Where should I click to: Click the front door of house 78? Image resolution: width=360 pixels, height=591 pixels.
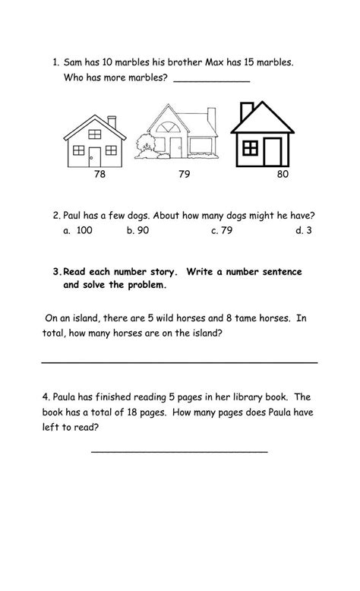94,157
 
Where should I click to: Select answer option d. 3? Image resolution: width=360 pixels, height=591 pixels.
304,230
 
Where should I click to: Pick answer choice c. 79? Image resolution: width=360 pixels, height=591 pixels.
221,230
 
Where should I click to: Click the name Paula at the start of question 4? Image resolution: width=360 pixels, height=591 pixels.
68,397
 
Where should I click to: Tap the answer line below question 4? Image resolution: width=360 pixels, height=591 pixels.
179,452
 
